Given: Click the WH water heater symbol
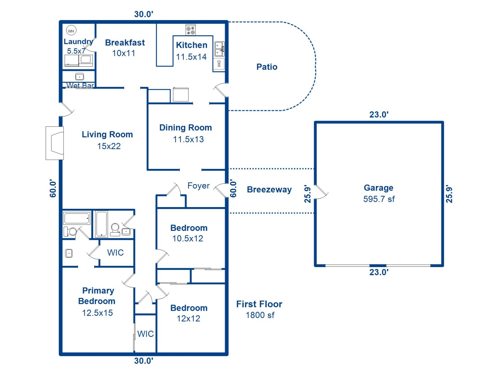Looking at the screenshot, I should pyautogui.click(x=71, y=31).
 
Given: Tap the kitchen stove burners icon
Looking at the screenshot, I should pyautogui.click(x=190, y=30).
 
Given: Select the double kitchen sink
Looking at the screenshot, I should pyautogui.click(x=219, y=49).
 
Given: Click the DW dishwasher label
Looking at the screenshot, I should pyautogui.click(x=219, y=63).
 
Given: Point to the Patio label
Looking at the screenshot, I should pyautogui.click(x=267, y=67).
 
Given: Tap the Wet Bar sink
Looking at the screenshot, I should pyautogui.click(x=79, y=77).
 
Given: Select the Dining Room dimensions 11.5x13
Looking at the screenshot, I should pyautogui.click(x=188, y=139).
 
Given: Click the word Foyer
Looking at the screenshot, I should pyautogui.click(x=198, y=186).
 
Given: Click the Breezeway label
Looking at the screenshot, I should pyautogui.click(x=269, y=189).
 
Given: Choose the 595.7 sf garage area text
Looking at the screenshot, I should pyautogui.click(x=379, y=199).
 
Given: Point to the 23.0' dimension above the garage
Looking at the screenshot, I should pyautogui.click(x=379, y=114).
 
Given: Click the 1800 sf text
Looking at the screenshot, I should pyautogui.click(x=260, y=315).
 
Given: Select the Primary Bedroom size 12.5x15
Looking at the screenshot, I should pyautogui.click(x=97, y=313).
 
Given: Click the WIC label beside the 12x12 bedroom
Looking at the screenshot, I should pyautogui.click(x=145, y=334).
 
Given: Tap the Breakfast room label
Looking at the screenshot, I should pyautogui.click(x=125, y=43).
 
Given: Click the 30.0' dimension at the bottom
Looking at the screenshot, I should pyautogui.click(x=144, y=361).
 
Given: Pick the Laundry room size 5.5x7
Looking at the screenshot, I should pyautogui.click(x=76, y=51).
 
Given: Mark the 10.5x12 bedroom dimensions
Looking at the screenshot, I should pyautogui.click(x=188, y=238).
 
